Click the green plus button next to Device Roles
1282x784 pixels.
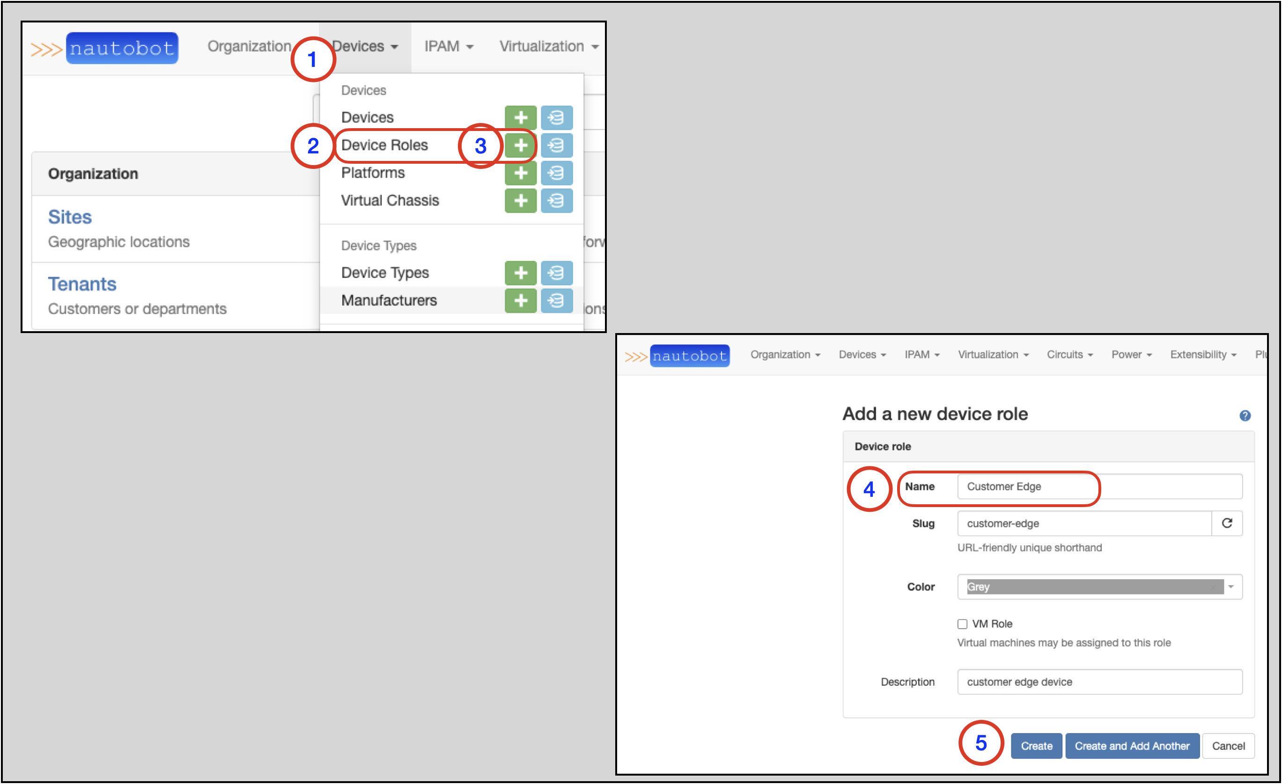click(520, 145)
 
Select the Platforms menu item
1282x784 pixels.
click(373, 173)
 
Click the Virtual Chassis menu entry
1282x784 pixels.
click(390, 201)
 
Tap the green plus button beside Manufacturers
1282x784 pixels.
click(520, 300)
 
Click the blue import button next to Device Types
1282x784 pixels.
click(556, 273)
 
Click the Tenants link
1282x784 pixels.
click(82, 284)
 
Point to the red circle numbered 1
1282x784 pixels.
click(313, 59)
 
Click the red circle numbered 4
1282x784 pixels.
click(869, 489)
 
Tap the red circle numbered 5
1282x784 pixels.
click(981, 743)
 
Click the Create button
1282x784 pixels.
click(1036, 746)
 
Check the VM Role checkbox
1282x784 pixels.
click(963, 624)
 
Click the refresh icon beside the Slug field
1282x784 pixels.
click(1227, 523)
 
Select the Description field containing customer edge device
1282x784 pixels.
click(1099, 682)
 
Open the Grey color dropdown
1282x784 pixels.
click(1099, 587)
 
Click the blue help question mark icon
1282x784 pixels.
click(1245, 415)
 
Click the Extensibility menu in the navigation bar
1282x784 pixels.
click(1202, 355)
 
